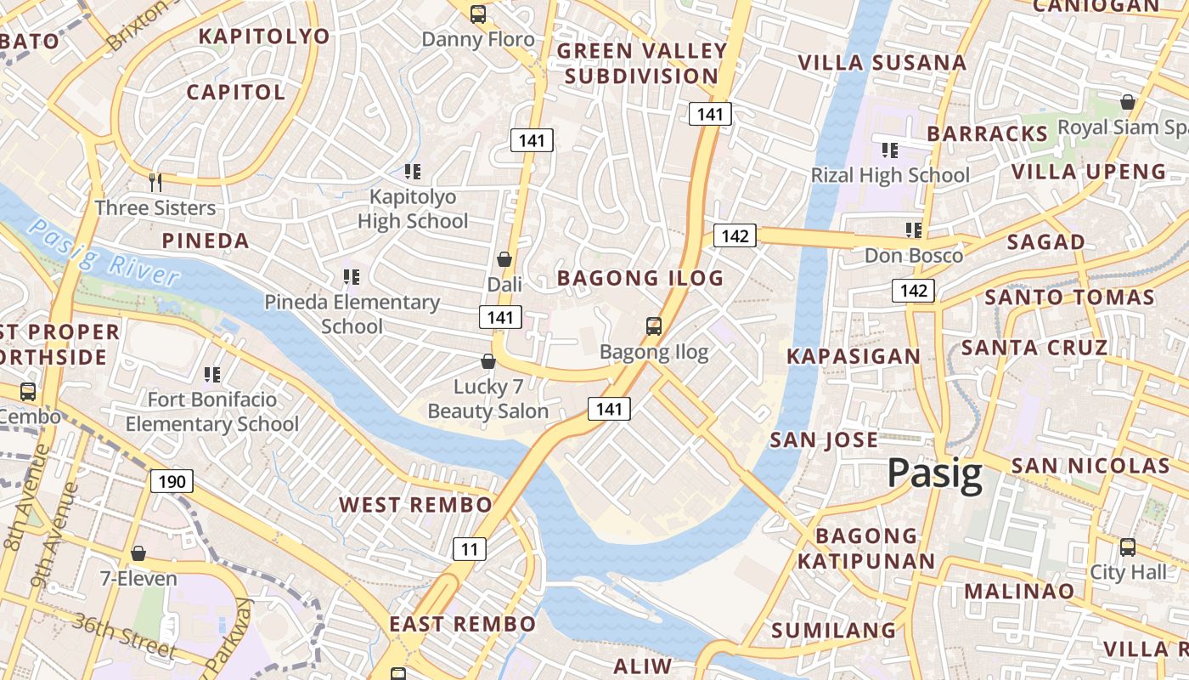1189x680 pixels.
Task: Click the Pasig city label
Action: pos(935,474)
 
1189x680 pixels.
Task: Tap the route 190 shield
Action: pos(172,482)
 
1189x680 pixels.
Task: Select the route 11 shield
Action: pos(470,549)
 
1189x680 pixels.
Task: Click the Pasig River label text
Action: pos(103,252)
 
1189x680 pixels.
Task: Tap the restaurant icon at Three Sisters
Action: pos(155,182)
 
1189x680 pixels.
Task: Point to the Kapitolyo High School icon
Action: pos(413,172)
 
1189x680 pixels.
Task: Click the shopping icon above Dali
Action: pos(504,259)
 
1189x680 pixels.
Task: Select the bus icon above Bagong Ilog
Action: pos(653,326)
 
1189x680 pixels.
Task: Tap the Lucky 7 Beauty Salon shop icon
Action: pos(488,361)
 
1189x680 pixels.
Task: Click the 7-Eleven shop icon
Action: pos(138,553)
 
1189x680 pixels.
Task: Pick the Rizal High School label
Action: pos(890,175)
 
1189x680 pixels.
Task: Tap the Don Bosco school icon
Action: pos(914,229)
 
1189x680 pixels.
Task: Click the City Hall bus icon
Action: pos(1128,547)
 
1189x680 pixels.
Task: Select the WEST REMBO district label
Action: pos(415,505)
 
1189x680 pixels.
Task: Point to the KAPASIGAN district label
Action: pos(854,356)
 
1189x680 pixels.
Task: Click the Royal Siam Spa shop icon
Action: pos(1128,102)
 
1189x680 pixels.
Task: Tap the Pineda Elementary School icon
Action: pos(352,276)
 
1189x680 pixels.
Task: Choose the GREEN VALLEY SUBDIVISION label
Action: pos(642,64)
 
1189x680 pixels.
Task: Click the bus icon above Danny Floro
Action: pos(478,14)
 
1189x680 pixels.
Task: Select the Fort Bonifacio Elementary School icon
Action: pos(212,374)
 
